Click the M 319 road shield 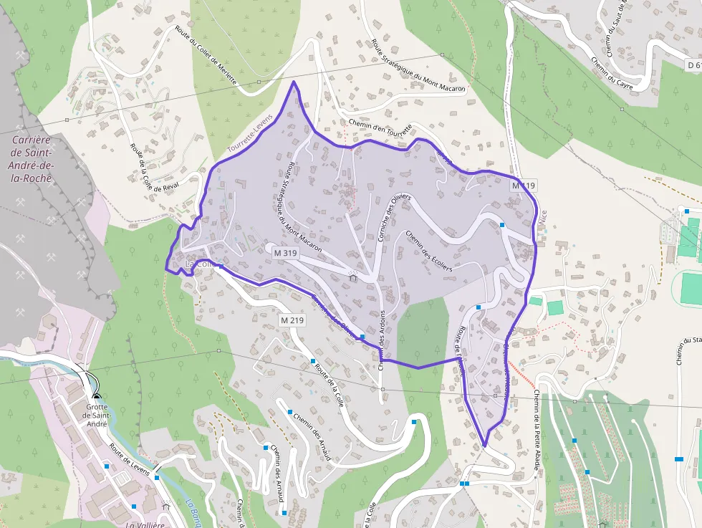pos(285,253)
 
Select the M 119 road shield pos(523,186)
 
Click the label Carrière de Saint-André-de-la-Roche pos(31,159)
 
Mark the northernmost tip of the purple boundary pos(293,82)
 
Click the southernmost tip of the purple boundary pos(485,446)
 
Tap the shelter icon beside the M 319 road pos(352,277)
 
